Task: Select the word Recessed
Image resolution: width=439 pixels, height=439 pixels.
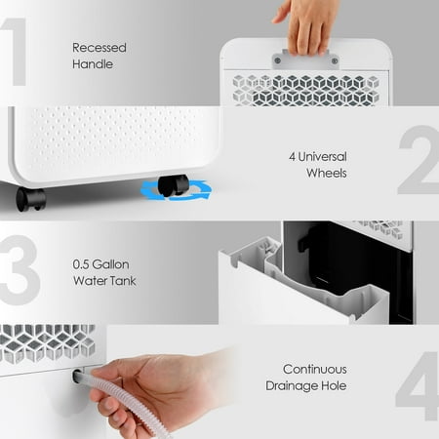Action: [x=100, y=46]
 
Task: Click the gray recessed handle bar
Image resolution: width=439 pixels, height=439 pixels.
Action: [x=305, y=58]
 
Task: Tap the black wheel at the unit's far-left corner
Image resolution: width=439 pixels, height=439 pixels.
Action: [x=30, y=198]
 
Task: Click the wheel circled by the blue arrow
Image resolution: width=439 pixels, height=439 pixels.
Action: [x=174, y=185]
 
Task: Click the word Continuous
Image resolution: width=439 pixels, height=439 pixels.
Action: [x=315, y=370]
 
